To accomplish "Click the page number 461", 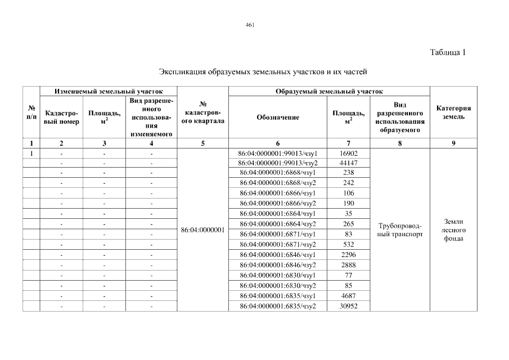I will pos(250,25).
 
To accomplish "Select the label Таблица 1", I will pos(448,53).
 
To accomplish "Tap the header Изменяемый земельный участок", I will pos(109,91).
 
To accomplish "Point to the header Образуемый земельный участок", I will pos(330,91).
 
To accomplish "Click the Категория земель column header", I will pos(453,112).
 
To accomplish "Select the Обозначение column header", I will pos(278,117).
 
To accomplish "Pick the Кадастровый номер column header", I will pos(61,117).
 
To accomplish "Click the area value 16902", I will pos(349,153).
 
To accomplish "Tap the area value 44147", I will pos(349,163).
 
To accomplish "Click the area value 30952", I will pos(349,306).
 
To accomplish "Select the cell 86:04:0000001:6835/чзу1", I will pos(278,296).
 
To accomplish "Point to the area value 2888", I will pos(349,265).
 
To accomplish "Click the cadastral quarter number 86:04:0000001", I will pos(202,229).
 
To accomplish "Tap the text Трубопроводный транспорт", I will pos(400,230).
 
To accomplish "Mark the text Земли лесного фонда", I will pos(453,229).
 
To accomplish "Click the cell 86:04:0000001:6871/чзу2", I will pos(278,245).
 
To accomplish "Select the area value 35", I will pos(349,214).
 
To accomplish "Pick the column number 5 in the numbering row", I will pos(202,143).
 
